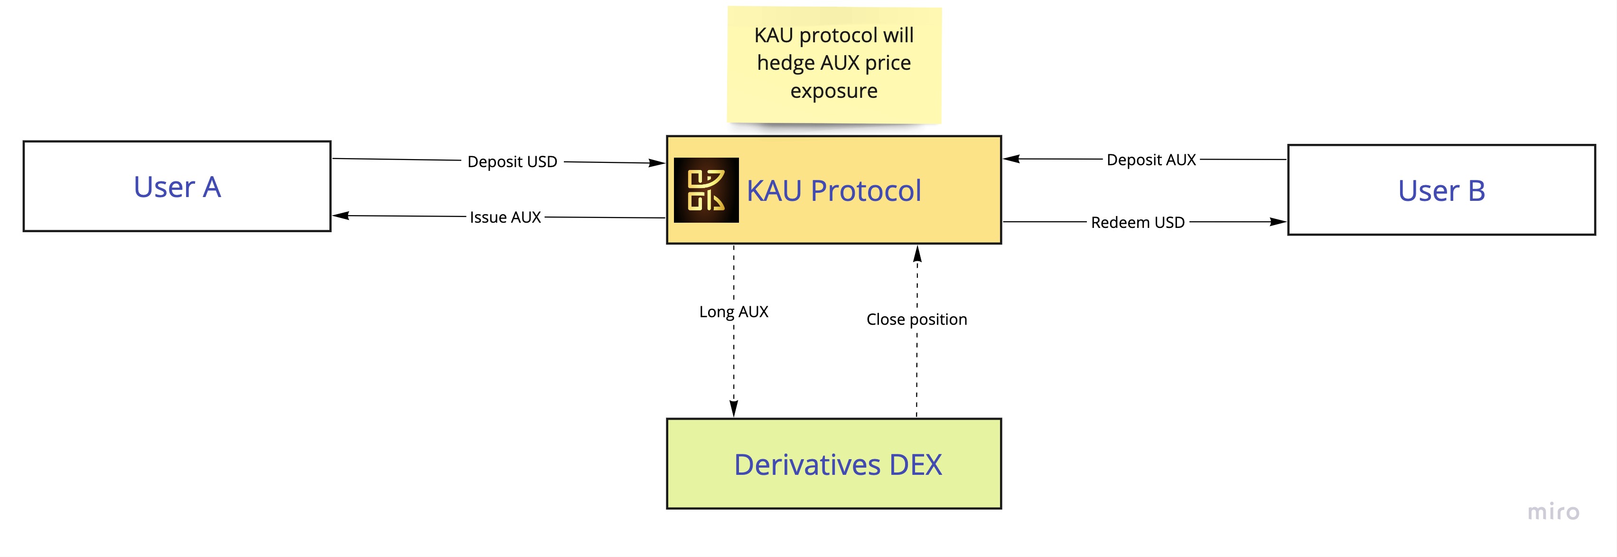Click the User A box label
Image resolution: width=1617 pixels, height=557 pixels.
tap(177, 187)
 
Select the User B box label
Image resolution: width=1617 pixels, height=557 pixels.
tap(1441, 191)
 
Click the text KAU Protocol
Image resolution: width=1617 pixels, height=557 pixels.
tap(833, 191)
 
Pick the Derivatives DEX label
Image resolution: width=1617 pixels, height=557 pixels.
tap(837, 465)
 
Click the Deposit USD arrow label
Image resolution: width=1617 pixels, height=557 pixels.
tap(512, 162)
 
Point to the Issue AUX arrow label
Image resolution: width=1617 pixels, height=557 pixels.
tap(505, 217)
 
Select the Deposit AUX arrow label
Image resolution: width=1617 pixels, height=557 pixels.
tap(1151, 160)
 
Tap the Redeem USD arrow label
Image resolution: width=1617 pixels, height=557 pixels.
tap(1138, 223)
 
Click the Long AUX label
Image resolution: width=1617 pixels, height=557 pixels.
tap(734, 312)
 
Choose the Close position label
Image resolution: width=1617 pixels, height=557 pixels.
tap(916, 320)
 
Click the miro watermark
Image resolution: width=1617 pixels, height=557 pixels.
tap(1553, 512)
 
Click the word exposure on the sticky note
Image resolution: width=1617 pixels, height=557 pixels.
tap(833, 91)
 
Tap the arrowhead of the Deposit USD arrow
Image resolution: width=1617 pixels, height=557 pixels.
tap(657, 163)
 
